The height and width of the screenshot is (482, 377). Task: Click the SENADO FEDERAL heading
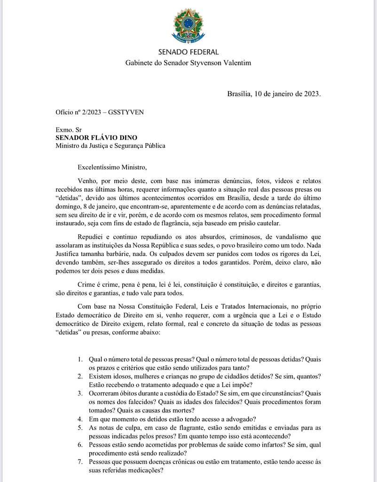(188, 52)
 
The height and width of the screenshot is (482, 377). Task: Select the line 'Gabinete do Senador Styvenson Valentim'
(188, 63)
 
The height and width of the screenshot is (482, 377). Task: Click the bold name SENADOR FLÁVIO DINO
(96, 137)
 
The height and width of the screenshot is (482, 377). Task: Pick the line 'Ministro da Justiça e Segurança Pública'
(110, 146)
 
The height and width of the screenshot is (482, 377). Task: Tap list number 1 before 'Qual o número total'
(81, 359)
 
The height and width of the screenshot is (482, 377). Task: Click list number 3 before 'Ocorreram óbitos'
(81, 393)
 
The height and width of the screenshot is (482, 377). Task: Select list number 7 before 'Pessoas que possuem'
(81, 462)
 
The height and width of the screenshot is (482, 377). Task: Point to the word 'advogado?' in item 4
(240, 419)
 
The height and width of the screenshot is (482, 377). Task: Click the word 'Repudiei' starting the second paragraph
(90, 237)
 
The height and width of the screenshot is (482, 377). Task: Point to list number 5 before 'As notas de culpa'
(81, 427)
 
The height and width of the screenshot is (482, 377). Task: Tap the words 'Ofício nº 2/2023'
(79, 112)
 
